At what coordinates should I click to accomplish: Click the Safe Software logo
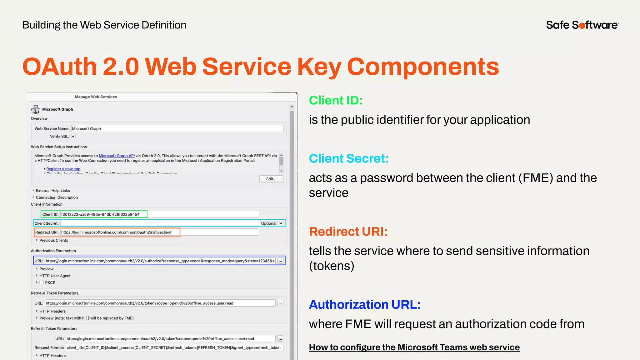[x=582, y=25]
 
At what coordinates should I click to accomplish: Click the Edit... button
[x=271, y=179]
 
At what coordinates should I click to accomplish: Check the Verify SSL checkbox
[x=73, y=136]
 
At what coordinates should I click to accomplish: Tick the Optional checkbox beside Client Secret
[x=281, y=223]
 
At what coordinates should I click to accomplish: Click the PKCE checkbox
[x=42, y=282]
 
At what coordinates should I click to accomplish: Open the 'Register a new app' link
[x=63, y=169]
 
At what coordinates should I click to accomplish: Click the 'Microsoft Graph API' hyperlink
[x=117, y=156]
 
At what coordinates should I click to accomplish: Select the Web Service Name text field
[x=177, y=128]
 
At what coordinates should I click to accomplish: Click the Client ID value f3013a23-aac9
[x=100, y=214]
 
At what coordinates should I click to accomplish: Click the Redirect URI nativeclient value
[x=116, y=232]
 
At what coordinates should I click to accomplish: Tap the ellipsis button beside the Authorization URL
[x=280, y=261]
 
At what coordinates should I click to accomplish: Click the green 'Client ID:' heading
[x=336, y=101]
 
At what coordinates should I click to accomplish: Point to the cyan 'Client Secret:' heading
[x=349, y=158]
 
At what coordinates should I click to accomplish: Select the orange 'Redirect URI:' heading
[x=348, y=232]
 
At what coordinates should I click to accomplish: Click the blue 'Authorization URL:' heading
[x=365, y=304]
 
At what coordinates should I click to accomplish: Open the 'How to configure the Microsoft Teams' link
[x=414, y=347]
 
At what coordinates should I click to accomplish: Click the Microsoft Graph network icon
[x=36, y=109]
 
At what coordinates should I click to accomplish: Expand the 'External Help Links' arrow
[x=33, y=190]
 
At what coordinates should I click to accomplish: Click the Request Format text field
[x=174, y=347]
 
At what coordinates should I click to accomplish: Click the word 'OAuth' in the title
[x=60, y=67]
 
